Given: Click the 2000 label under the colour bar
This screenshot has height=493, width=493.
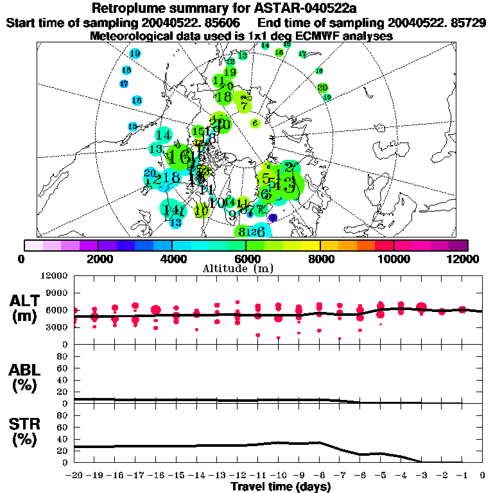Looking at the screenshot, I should pos(98,259).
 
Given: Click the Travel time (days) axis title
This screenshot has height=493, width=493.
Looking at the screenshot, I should pos(281,487).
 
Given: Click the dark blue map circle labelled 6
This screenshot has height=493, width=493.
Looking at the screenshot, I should pos(273,218).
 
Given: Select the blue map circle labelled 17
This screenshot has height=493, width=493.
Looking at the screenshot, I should pos(124,84).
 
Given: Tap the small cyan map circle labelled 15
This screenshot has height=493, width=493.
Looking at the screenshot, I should pos(133,126).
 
